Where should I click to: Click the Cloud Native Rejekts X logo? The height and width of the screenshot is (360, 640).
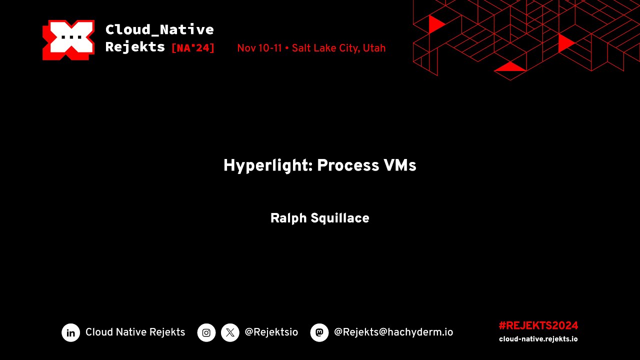pos(68,40)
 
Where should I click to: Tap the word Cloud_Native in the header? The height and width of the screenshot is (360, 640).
pos(159,30)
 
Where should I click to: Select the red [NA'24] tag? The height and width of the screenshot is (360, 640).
pos(193,48)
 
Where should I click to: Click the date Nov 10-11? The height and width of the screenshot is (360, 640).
pos(259,48)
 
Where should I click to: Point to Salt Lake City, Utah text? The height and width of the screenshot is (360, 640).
pos(338,48)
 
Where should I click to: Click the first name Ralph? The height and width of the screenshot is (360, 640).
pos(288,218)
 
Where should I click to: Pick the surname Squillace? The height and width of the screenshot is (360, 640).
pos(339,218)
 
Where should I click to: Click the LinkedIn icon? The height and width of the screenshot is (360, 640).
pos(71,332)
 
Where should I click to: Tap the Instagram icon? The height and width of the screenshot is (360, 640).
pos(206,332)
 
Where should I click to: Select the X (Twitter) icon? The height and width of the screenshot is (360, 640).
pos(230,332)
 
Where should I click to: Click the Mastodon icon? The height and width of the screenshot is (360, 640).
pos(319,332)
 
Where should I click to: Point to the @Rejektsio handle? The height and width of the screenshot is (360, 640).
pos(271,332)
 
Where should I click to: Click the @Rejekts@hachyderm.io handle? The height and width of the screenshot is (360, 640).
pos(393,332)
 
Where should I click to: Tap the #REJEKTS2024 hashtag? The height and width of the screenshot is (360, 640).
pos(538,326)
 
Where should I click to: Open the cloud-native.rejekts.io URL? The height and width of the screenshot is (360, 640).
pos(538,339)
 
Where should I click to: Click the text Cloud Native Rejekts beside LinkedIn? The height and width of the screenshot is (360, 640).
pos(135,332)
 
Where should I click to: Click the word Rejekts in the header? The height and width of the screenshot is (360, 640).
pos(135,47)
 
